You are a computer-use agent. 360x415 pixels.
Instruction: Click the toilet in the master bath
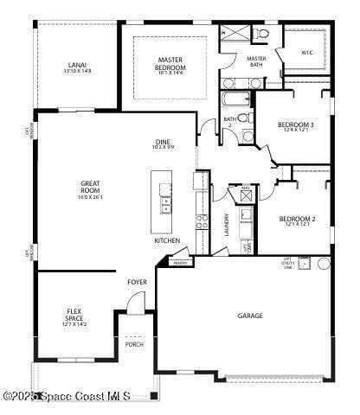261,34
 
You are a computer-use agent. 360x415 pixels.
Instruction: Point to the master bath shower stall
234,35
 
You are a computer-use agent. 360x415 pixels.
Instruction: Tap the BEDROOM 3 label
295,127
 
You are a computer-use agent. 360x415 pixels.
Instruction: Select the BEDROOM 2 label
296,221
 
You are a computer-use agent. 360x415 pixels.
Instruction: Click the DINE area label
164,144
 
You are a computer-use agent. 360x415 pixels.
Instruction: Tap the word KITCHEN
167,240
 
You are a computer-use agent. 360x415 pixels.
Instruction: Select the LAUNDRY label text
227,225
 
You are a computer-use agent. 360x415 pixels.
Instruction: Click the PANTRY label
180,263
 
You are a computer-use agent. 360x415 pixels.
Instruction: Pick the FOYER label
137,283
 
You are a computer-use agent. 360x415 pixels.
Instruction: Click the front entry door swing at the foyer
135,303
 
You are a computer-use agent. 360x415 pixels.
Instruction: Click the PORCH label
134,344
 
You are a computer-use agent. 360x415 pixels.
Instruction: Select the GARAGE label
250,316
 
